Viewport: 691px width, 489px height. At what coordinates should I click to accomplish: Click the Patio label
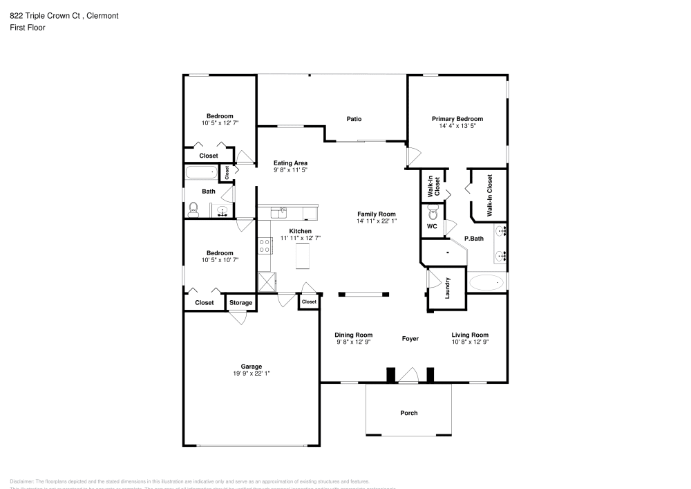[354, 119]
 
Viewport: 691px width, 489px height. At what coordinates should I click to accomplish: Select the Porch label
[409, 413]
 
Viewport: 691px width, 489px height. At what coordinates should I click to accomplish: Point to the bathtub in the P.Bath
[486, 282]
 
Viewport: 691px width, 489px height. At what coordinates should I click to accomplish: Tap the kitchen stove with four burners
[264, 246]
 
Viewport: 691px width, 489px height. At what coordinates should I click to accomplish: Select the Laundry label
[448, 287]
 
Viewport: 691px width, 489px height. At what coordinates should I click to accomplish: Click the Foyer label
[410, 339]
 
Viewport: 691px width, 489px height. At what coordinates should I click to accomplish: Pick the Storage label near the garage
[240, 302]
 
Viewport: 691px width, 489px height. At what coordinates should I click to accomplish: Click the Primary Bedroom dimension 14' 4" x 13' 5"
[457, 126]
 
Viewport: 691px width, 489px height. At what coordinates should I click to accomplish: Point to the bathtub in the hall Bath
[201, 172]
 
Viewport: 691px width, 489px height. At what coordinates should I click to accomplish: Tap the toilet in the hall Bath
[194, 209]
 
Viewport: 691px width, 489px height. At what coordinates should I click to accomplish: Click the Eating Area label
[290, 163]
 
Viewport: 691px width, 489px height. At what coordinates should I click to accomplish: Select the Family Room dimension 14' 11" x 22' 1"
[377, 221]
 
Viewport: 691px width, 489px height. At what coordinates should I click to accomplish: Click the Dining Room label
[354, 335]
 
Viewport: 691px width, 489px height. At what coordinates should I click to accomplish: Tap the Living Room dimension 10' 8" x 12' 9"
[470, 342]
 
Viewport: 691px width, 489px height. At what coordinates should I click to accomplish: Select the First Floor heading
[28, 28]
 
